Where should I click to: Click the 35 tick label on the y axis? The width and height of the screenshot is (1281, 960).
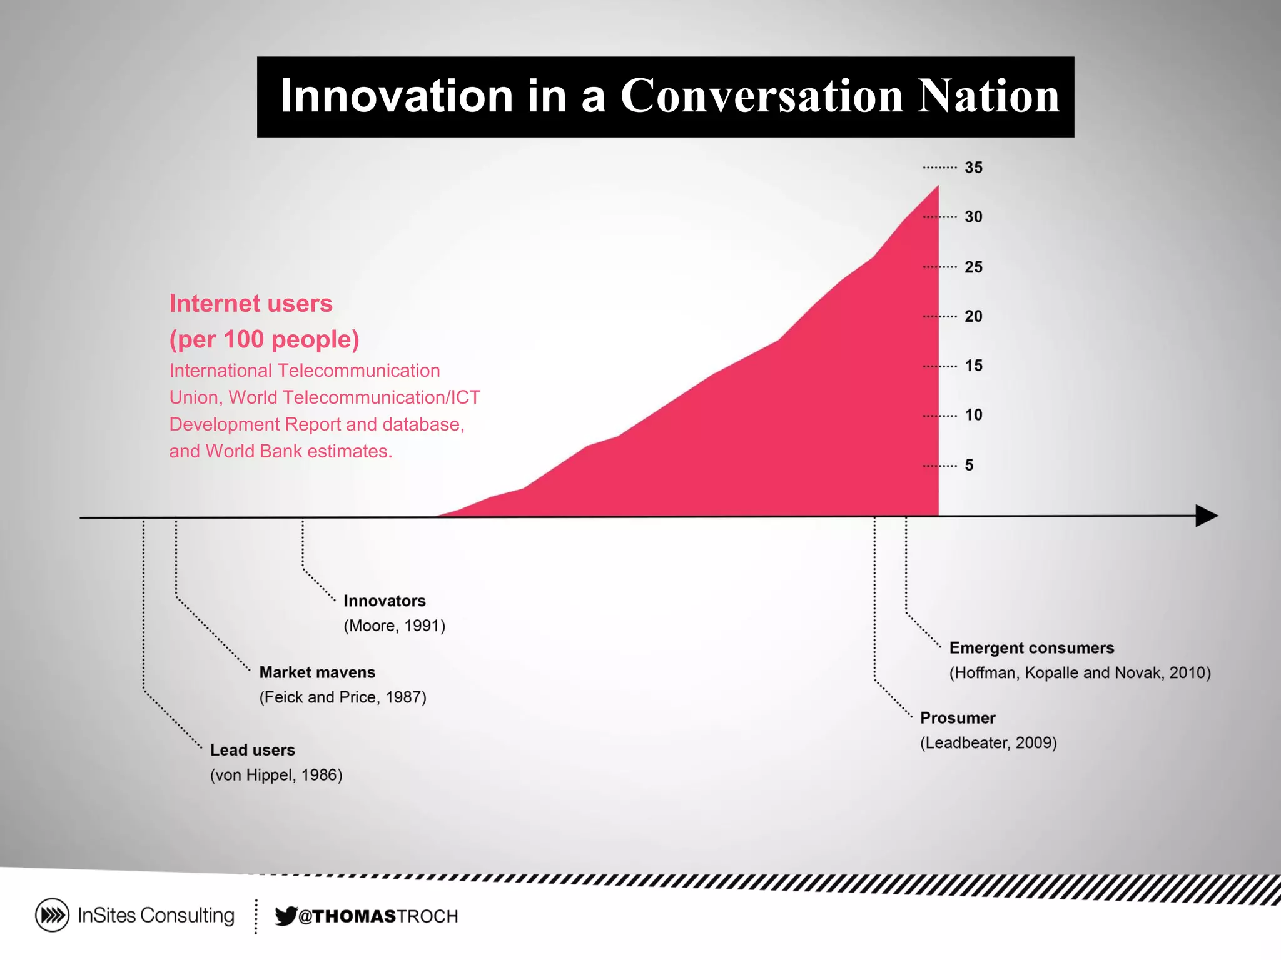click(973, 167)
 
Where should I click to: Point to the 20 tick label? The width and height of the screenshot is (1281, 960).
click(973, 316)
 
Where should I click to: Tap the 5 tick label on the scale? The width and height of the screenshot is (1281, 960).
click(969, 465)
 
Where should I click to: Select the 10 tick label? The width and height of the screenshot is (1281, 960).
click(973, 415)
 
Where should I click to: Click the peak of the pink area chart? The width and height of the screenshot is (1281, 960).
click(937, 187)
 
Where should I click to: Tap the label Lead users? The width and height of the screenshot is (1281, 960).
click(252, 750)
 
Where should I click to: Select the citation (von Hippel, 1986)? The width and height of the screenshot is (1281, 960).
click(276, 775)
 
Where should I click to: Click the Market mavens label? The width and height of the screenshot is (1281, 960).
click(317, 672)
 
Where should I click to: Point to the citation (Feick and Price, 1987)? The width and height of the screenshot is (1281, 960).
click(343, 697)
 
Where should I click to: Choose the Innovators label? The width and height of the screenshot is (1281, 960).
click(384, 601)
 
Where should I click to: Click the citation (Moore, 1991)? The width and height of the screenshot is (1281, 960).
click(394, 626)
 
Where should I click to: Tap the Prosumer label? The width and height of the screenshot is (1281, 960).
click(957, 718)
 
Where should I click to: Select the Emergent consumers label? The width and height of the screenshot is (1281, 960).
click(1031, 648)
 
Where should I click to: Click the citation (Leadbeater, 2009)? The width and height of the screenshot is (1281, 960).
click(988, 743)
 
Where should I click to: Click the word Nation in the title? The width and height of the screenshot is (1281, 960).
click(989, 96)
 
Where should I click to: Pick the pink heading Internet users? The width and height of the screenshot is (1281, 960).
click(251, 304)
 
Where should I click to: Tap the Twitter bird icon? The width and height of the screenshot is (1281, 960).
click(286, 916)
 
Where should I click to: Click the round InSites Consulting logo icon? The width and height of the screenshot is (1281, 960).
click(52, 916)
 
